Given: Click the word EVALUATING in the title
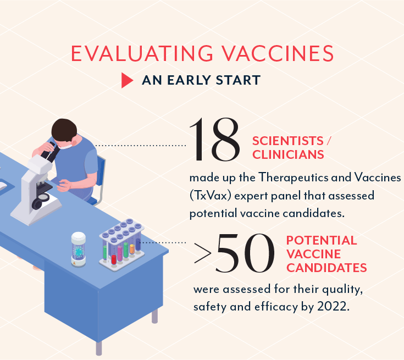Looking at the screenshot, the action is [x=142, y=53].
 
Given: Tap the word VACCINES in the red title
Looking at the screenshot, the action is [x=278, y=53].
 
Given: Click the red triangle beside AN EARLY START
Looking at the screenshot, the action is [x=127, y=80].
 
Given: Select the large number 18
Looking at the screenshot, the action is [x=214, y=140].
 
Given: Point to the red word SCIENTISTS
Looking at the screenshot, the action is [x=288, y=141].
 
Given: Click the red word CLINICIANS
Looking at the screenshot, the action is [x=288, y=154].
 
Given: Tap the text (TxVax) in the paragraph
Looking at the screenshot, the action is [x=210, y=196].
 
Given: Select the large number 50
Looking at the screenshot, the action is [x=245, y=253].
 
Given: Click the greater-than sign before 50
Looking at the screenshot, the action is [x=203, y=253].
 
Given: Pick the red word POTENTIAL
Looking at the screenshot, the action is [x=322, y=240].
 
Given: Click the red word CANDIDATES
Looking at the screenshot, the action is [x=326, y=268].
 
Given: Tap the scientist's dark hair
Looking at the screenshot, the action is [x=64, y=129].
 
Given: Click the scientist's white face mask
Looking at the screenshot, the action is [x=67, y=146].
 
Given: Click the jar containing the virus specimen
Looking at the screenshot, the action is [x=78, y=249].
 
